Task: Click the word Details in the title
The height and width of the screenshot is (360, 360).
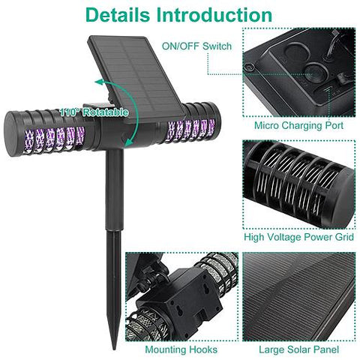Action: point(118,15)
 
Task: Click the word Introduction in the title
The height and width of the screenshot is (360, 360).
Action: point(214,15)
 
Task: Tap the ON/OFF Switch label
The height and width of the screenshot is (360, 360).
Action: point(196,46)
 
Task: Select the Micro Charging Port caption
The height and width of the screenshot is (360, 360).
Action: point(298,125)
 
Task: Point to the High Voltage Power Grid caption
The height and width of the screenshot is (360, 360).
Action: point(299,237)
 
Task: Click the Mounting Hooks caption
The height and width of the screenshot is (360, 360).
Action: point(181,349)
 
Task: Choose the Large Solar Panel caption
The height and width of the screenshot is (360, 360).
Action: point(298,349)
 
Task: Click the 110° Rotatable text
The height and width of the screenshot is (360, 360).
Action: point(94,112)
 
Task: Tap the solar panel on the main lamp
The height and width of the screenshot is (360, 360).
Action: point(137,79)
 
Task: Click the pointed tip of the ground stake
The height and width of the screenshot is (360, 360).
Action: point(114,348)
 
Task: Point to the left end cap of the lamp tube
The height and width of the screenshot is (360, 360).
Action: point(13,133)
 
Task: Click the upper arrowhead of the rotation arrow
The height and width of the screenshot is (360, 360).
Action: point(99,82)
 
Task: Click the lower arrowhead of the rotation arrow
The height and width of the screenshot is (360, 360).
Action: point(129,142)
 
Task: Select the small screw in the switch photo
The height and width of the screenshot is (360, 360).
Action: point(250,67)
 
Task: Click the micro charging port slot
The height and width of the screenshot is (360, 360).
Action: point(328,88)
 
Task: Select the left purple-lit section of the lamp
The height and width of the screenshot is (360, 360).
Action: point(54,139)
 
